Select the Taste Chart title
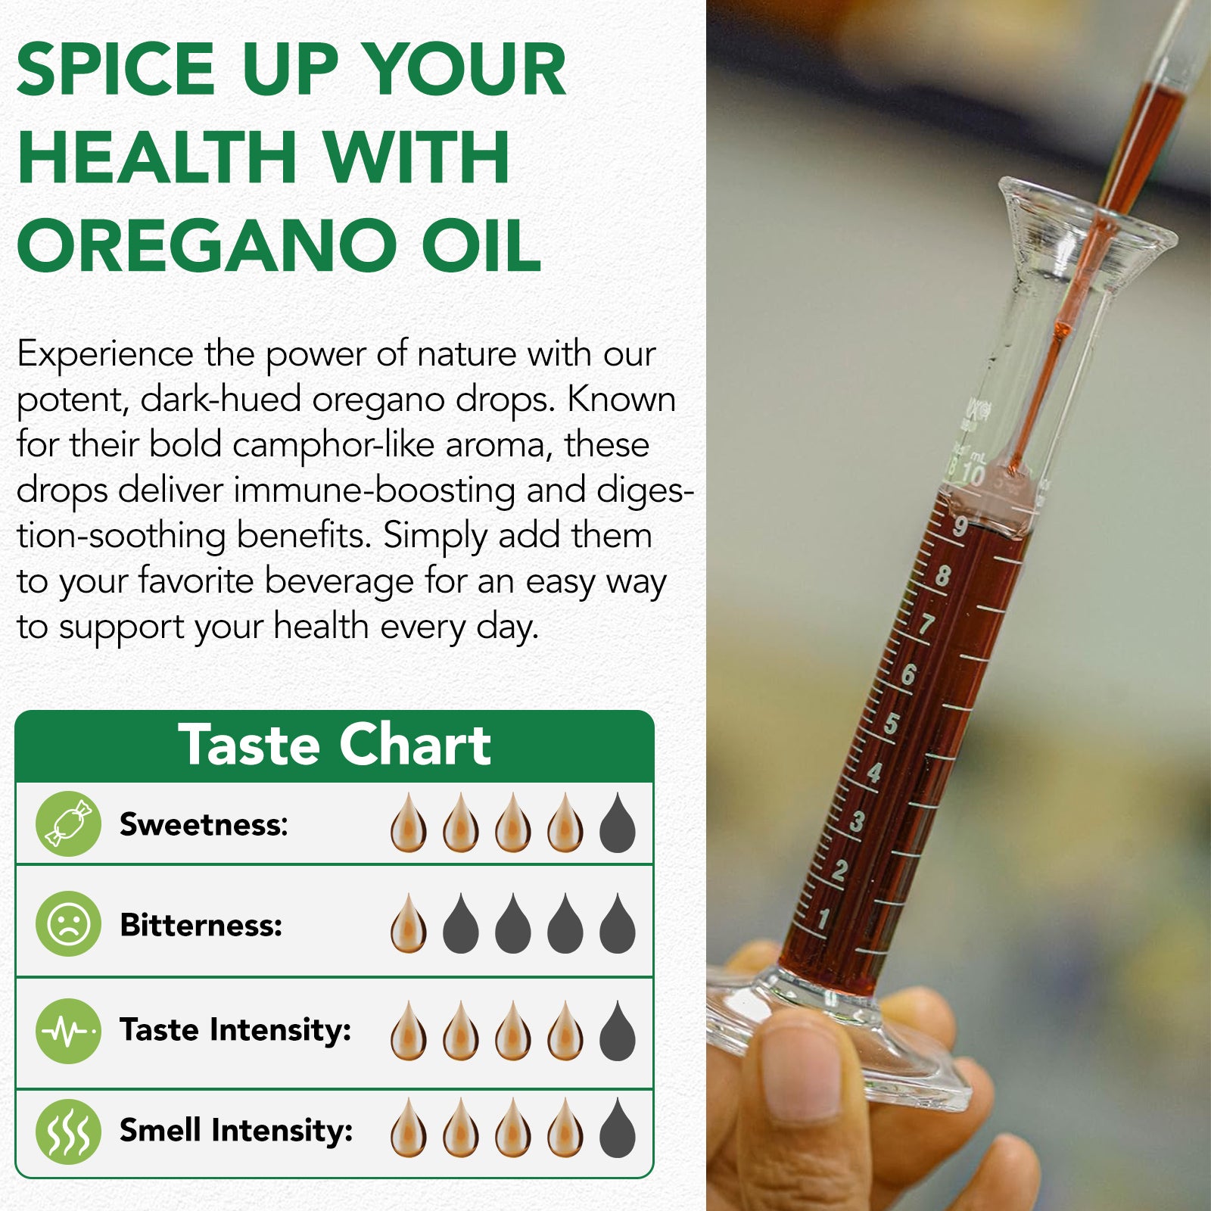click(x=334, y=745)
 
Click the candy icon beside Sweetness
click(x=68, y=824)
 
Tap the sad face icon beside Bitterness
click(x=68, y=924)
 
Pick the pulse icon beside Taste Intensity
click(x=68, y=1031)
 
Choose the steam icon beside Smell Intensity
click(x=68, y=1132)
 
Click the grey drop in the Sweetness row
click(x=617, y=824)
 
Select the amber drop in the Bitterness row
click(x=408, y=924)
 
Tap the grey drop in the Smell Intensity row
click(x=617, y=1129)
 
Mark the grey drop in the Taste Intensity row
click(x=617, y=1032)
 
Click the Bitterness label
click(x=201, y=925)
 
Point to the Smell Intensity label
click(x=236, y=1130)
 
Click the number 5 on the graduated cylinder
click(x=892, y=724)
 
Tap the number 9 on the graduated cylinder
click(x=960, y=525)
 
